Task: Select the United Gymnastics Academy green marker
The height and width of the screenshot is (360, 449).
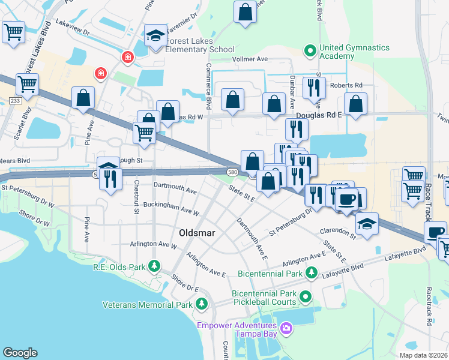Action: pyautogui.click(x=310, y=50)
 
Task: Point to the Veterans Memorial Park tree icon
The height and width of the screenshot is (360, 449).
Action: pyautogui.click(x=202, y=305)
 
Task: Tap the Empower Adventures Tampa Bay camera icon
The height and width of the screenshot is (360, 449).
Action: pyautogui.click(x=286, y=328)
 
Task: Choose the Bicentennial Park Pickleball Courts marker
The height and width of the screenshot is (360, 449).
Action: pyautogui.click(x=306, y=296)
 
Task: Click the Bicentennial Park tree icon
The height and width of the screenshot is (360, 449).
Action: pyautogui.click(x=311, y=274)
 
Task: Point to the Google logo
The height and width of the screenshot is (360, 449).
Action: pyautogui.click(x=20, y=353)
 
